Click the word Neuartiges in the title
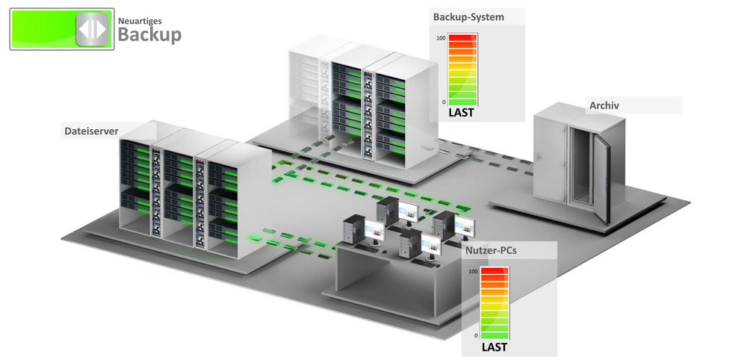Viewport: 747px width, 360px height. coord(141,21)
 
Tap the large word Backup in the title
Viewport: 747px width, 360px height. coord(149,35)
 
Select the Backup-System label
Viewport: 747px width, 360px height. coord(468,16)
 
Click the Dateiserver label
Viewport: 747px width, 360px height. coord(91,131)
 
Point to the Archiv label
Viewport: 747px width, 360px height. coord(604,105)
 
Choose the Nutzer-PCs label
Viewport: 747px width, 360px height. coord(490,251)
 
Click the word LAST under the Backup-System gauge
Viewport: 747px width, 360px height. coord(462,114)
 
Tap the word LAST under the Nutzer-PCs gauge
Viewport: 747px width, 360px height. coord(494,347)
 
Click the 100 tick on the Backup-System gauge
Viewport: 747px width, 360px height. coord(441,38)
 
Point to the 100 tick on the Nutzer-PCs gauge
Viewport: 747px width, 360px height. coord(473,272)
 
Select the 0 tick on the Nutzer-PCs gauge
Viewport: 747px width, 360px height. coord(475,335)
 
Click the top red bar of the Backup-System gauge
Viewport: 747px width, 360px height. coord(462,38)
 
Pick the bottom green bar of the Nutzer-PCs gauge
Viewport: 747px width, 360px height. coord(494,335)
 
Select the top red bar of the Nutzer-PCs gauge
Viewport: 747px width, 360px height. coord(494,272)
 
